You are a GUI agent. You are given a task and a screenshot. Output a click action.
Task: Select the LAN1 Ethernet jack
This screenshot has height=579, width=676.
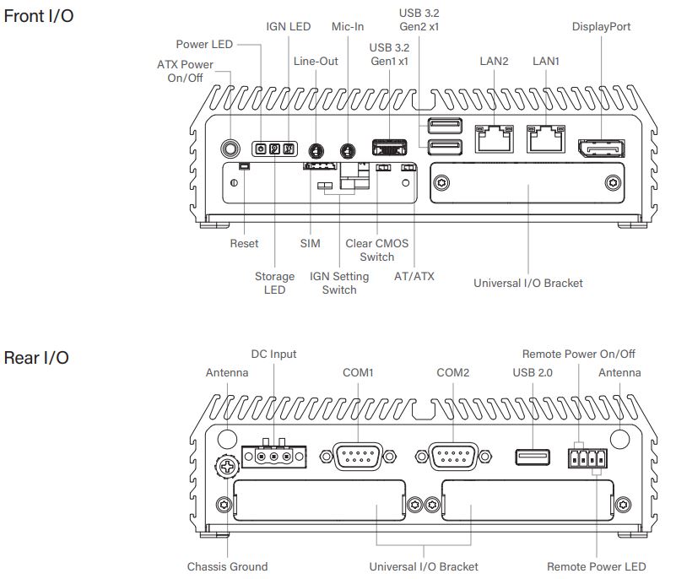point(545,138)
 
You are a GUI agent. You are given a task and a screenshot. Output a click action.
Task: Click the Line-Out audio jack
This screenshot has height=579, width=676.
point(316,151)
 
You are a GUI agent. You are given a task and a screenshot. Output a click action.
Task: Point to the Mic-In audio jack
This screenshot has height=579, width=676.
point(347,151)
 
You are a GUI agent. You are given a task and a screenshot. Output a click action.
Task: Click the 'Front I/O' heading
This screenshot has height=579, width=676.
point(39,15)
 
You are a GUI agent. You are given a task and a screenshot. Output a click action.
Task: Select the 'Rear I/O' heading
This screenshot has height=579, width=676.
point(37,358)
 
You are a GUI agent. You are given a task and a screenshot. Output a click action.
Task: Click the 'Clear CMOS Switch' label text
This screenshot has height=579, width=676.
point(376,250)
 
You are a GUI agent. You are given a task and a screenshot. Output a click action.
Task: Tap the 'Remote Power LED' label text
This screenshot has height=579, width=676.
point(597,566)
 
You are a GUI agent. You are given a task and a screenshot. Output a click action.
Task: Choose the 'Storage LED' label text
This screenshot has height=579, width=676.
point(274,283)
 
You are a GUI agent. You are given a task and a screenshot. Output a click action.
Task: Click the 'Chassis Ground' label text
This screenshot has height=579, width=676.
point(227,566)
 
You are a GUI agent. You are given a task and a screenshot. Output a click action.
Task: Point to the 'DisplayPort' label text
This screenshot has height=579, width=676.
point(601,27)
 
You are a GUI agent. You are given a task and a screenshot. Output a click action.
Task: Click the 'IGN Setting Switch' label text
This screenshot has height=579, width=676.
point(339,283)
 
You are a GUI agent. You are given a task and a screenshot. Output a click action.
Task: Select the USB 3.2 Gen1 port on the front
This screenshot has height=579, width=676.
point(391,147)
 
